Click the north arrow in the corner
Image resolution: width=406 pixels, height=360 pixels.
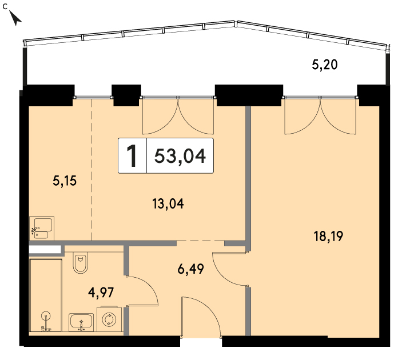(15, 18)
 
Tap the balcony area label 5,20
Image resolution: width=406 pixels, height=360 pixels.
(325, 65)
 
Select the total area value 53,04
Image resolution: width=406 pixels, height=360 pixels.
(180, 156)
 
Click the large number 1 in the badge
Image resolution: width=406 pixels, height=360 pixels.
(132, 156)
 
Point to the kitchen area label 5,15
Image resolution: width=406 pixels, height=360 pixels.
(65, 181)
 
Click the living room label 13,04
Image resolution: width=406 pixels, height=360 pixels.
(168, 203)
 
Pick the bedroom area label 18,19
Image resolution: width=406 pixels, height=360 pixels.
(328, 237)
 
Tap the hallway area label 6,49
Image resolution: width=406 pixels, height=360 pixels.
(191, 269)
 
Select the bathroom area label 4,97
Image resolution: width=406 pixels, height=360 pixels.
(101, 293)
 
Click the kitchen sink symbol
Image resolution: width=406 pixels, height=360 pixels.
(42, 228)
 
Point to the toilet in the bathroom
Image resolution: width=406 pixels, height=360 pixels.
(80, 262)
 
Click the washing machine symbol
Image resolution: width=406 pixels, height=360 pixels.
(109, 319)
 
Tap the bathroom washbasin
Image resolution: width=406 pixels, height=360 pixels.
(81, 322)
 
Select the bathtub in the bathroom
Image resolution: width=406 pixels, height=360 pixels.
(46, 295)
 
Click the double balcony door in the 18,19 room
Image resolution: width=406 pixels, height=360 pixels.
(320, 117)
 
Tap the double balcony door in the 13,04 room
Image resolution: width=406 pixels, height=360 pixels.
(178, 117)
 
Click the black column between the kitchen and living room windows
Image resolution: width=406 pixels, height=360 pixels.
(126, 95)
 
